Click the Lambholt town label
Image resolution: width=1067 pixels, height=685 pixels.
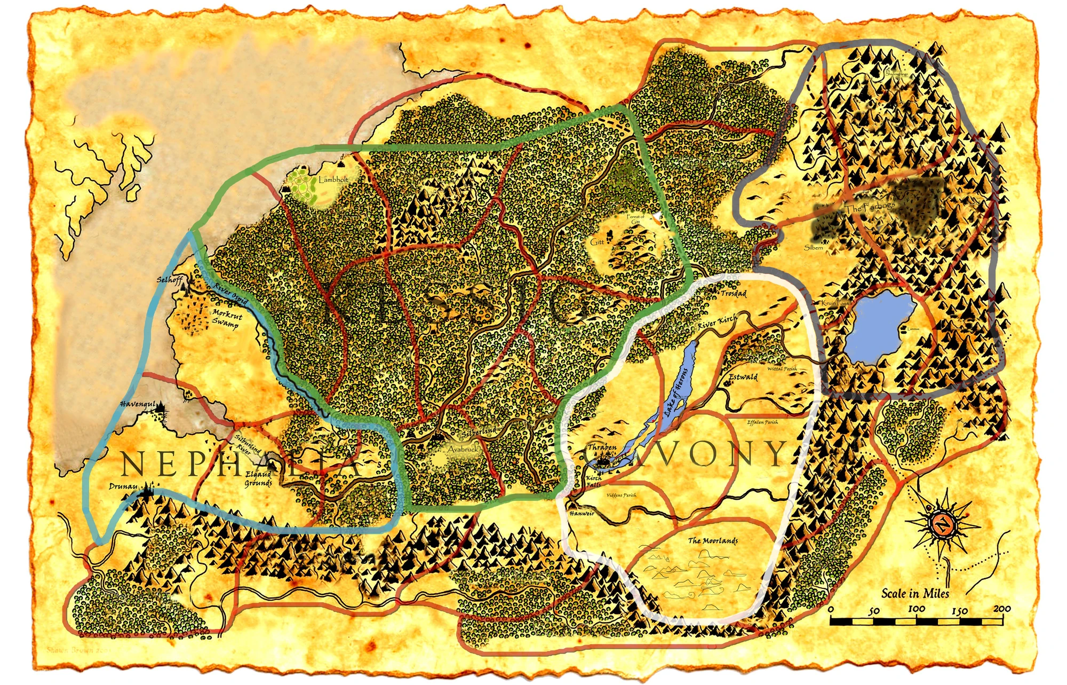pyautogui.click(x=333, y=180)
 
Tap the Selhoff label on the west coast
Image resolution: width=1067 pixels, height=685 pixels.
pyautogui.click(x=170, y=280)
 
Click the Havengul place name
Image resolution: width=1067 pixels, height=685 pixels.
pyautogui.click(x=138, y=404)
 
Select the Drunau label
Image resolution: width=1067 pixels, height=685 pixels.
pyautogui.click(x=123, y=486)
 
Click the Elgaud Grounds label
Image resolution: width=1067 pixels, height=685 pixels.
pyautogui.click(x=258, y=479)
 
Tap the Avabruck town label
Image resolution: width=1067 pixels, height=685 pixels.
pyautogui.click(x=463, y=449)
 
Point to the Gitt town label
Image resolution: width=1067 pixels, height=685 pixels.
pyautogui.click(x=597, y=242)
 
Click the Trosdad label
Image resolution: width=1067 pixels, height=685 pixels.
pyautogui.click(x=734, y=294)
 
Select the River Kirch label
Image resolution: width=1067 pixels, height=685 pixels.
pyautogui.click(x=717, y=322)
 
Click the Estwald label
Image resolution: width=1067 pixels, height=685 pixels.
pyautogui.click(x=743, y=377)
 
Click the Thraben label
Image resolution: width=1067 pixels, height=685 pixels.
pyautogui.click(x=602, y=447)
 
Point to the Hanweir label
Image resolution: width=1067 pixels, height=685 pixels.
pyautogui.click(x=582, y=513)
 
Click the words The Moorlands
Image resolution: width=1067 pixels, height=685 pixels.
pyautogui.click(x=713, y=540)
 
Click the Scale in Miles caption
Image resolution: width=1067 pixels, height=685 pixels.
pyautogui.click(x=915, y=593)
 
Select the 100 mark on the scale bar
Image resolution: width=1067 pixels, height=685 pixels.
pyautogui.click(x=916, y=609)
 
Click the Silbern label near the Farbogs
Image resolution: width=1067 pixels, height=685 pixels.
pyautogui.click(x=814, y=247)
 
